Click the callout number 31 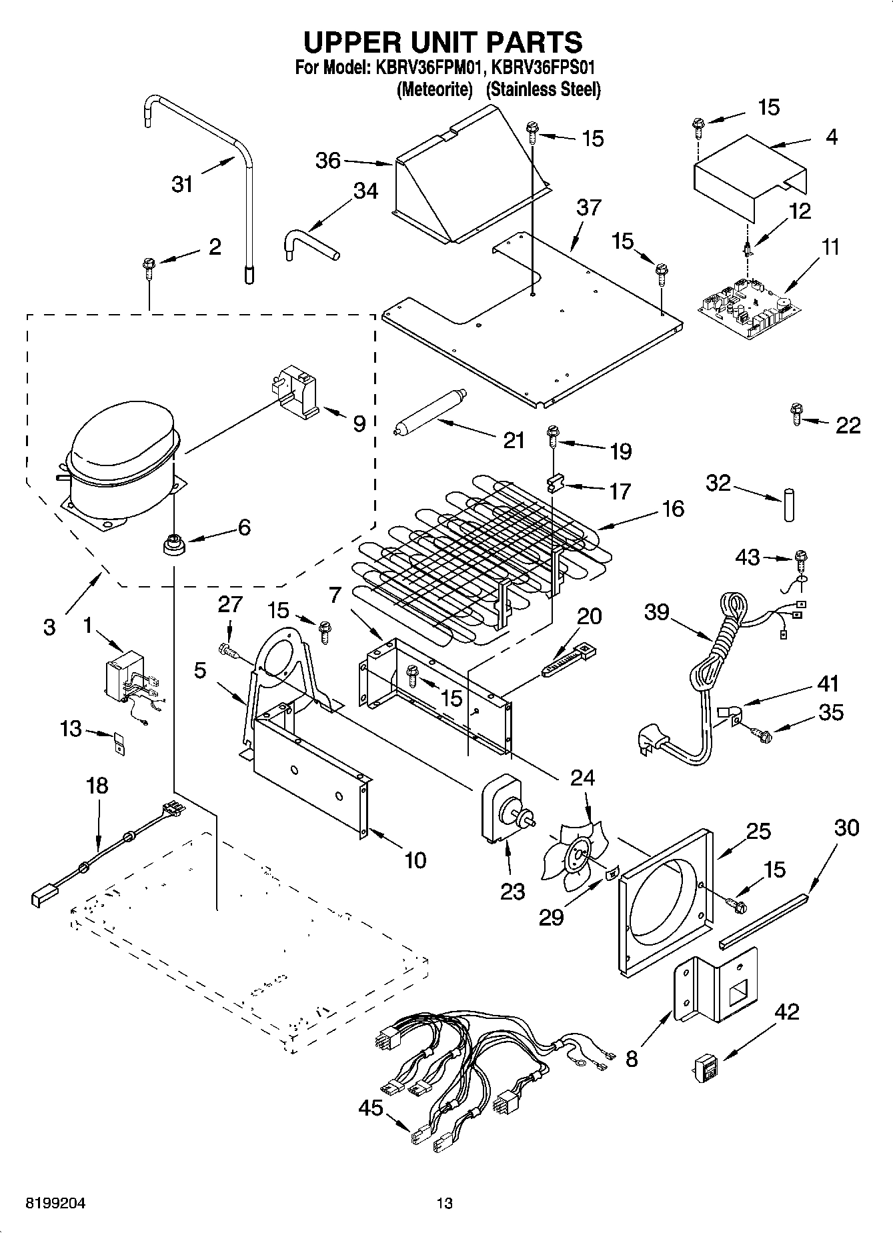[182, 183]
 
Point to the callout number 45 [371, 1108]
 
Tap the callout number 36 [327, 161]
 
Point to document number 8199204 [55, 1203]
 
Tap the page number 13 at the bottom [444, 1203]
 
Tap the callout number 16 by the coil [672, 509]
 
